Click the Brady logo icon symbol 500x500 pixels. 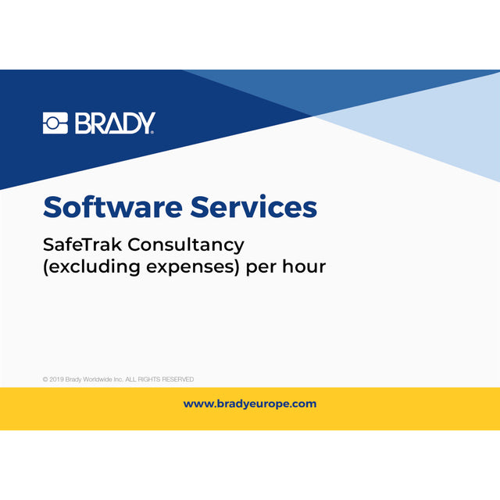[56, 123]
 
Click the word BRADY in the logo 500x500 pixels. [115, 123]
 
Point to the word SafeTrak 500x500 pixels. [82, 244]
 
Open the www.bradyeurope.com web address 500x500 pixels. [250, 404]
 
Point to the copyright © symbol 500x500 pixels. [45, 380]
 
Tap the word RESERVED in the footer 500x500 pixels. [177, 380]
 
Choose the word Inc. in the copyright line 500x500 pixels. [126, 380]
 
